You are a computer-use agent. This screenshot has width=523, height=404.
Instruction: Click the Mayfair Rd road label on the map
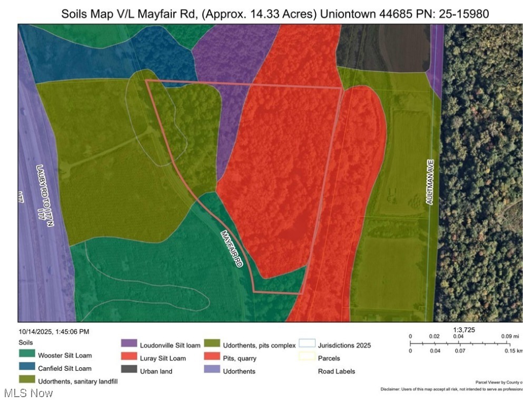tap(232, 248)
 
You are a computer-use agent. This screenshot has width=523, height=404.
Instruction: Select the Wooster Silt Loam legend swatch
tap(26, 356)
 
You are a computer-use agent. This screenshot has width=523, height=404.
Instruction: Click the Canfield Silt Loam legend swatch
tap(26, 368)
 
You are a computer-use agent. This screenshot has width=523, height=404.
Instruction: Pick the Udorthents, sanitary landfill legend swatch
tap(26, 380)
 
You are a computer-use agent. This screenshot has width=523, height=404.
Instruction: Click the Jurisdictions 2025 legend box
tap(307, 346)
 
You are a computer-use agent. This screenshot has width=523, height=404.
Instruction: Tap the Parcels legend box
tap(307, 358)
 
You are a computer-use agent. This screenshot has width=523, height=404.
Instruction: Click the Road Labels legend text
tap(336, 371)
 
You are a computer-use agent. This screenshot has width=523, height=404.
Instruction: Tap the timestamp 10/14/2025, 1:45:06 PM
tap(54, 331)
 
